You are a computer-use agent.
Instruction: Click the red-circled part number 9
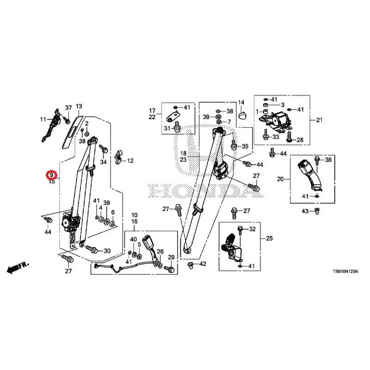(51, 175)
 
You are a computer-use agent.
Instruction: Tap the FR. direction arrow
(18, 267)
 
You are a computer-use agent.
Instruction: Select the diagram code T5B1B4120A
(345, 271)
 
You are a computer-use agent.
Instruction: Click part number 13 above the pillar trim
(79, 106)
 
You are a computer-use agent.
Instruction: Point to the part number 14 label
(241, 102)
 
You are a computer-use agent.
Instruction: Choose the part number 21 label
(319, 120)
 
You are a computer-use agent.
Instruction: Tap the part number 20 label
(280, 179)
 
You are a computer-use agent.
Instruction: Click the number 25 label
(269, 238)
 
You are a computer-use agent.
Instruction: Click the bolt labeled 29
(170, 268)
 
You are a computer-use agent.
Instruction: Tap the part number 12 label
(130, 161)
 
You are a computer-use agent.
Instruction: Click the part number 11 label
(43, 119)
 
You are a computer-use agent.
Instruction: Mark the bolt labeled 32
(240, 230)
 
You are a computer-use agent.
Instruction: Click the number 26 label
(160, 252)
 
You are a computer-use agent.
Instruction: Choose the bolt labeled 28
(289, 137)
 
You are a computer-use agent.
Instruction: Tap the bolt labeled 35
(234, 144)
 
